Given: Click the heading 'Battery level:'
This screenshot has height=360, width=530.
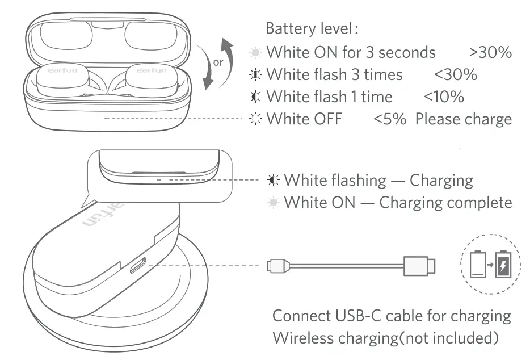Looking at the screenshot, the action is click(312, 28).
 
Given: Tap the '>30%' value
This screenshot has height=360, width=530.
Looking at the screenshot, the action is click(491, 52).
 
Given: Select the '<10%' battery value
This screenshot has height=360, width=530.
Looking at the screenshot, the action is click(444, 97).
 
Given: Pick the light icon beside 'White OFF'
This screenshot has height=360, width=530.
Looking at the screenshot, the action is click(256, 119).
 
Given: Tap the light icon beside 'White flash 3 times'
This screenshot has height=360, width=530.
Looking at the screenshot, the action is click(256, 74).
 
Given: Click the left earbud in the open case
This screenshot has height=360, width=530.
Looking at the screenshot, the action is click(61, 79).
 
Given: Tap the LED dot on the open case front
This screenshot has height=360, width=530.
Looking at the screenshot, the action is click(107, 118).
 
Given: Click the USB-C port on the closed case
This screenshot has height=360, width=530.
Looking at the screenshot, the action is click(138, 265).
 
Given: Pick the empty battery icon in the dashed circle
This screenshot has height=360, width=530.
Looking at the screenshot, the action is click(478, 265).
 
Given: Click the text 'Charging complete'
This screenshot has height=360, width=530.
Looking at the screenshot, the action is click(445, 202).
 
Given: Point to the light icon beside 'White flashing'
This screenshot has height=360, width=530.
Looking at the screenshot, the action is click(274, 181).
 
